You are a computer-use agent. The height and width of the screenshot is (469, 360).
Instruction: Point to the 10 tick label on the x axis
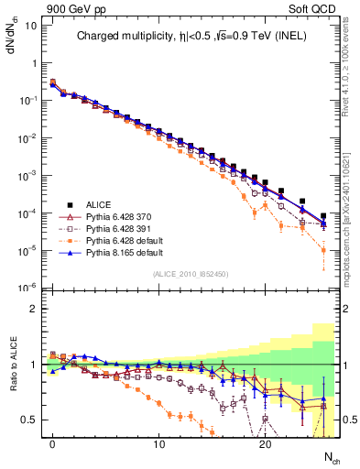(158, 444)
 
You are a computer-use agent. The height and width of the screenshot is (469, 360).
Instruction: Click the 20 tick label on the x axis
(265, 444)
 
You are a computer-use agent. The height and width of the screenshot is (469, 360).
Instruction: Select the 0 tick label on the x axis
(52, 444)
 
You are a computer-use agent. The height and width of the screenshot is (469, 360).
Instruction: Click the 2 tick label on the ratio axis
(33, 309)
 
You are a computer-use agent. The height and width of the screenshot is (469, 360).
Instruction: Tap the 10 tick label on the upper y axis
(30, 26)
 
